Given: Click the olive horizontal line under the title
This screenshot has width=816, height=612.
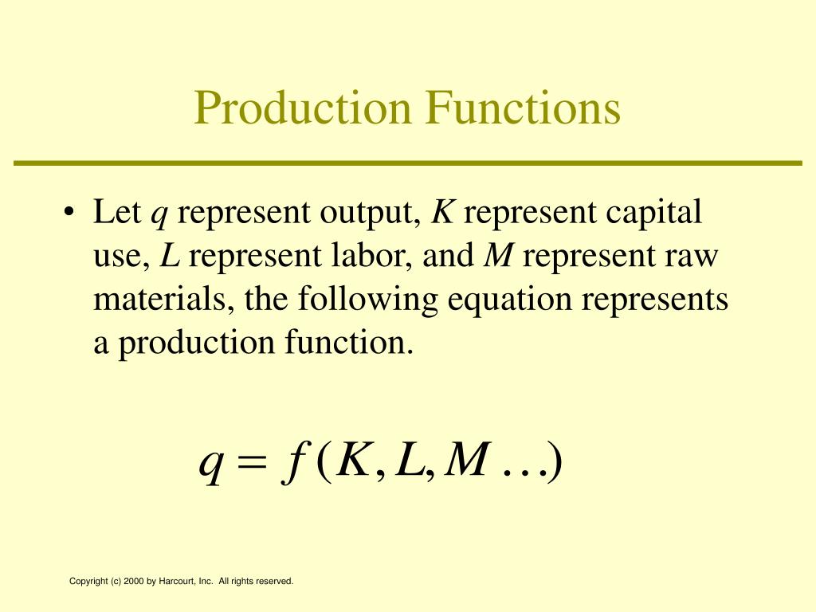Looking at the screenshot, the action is click(x=407, y=163).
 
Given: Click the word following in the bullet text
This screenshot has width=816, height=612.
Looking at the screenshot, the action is click(x=367, y=300).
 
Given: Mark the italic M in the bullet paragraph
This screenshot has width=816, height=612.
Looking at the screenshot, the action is click(x=499, y=255).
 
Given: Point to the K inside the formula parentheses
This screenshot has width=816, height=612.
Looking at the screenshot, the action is click(x=353, y=459).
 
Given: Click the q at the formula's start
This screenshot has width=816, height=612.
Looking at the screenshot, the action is click(x=211, y=465).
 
